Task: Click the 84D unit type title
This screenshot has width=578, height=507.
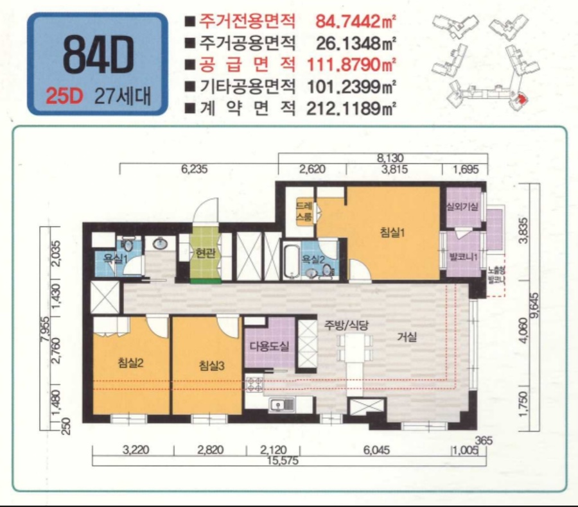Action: [98, 55]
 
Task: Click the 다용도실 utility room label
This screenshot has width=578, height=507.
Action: [269, 347]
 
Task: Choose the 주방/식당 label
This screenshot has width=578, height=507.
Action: [339, 324]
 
